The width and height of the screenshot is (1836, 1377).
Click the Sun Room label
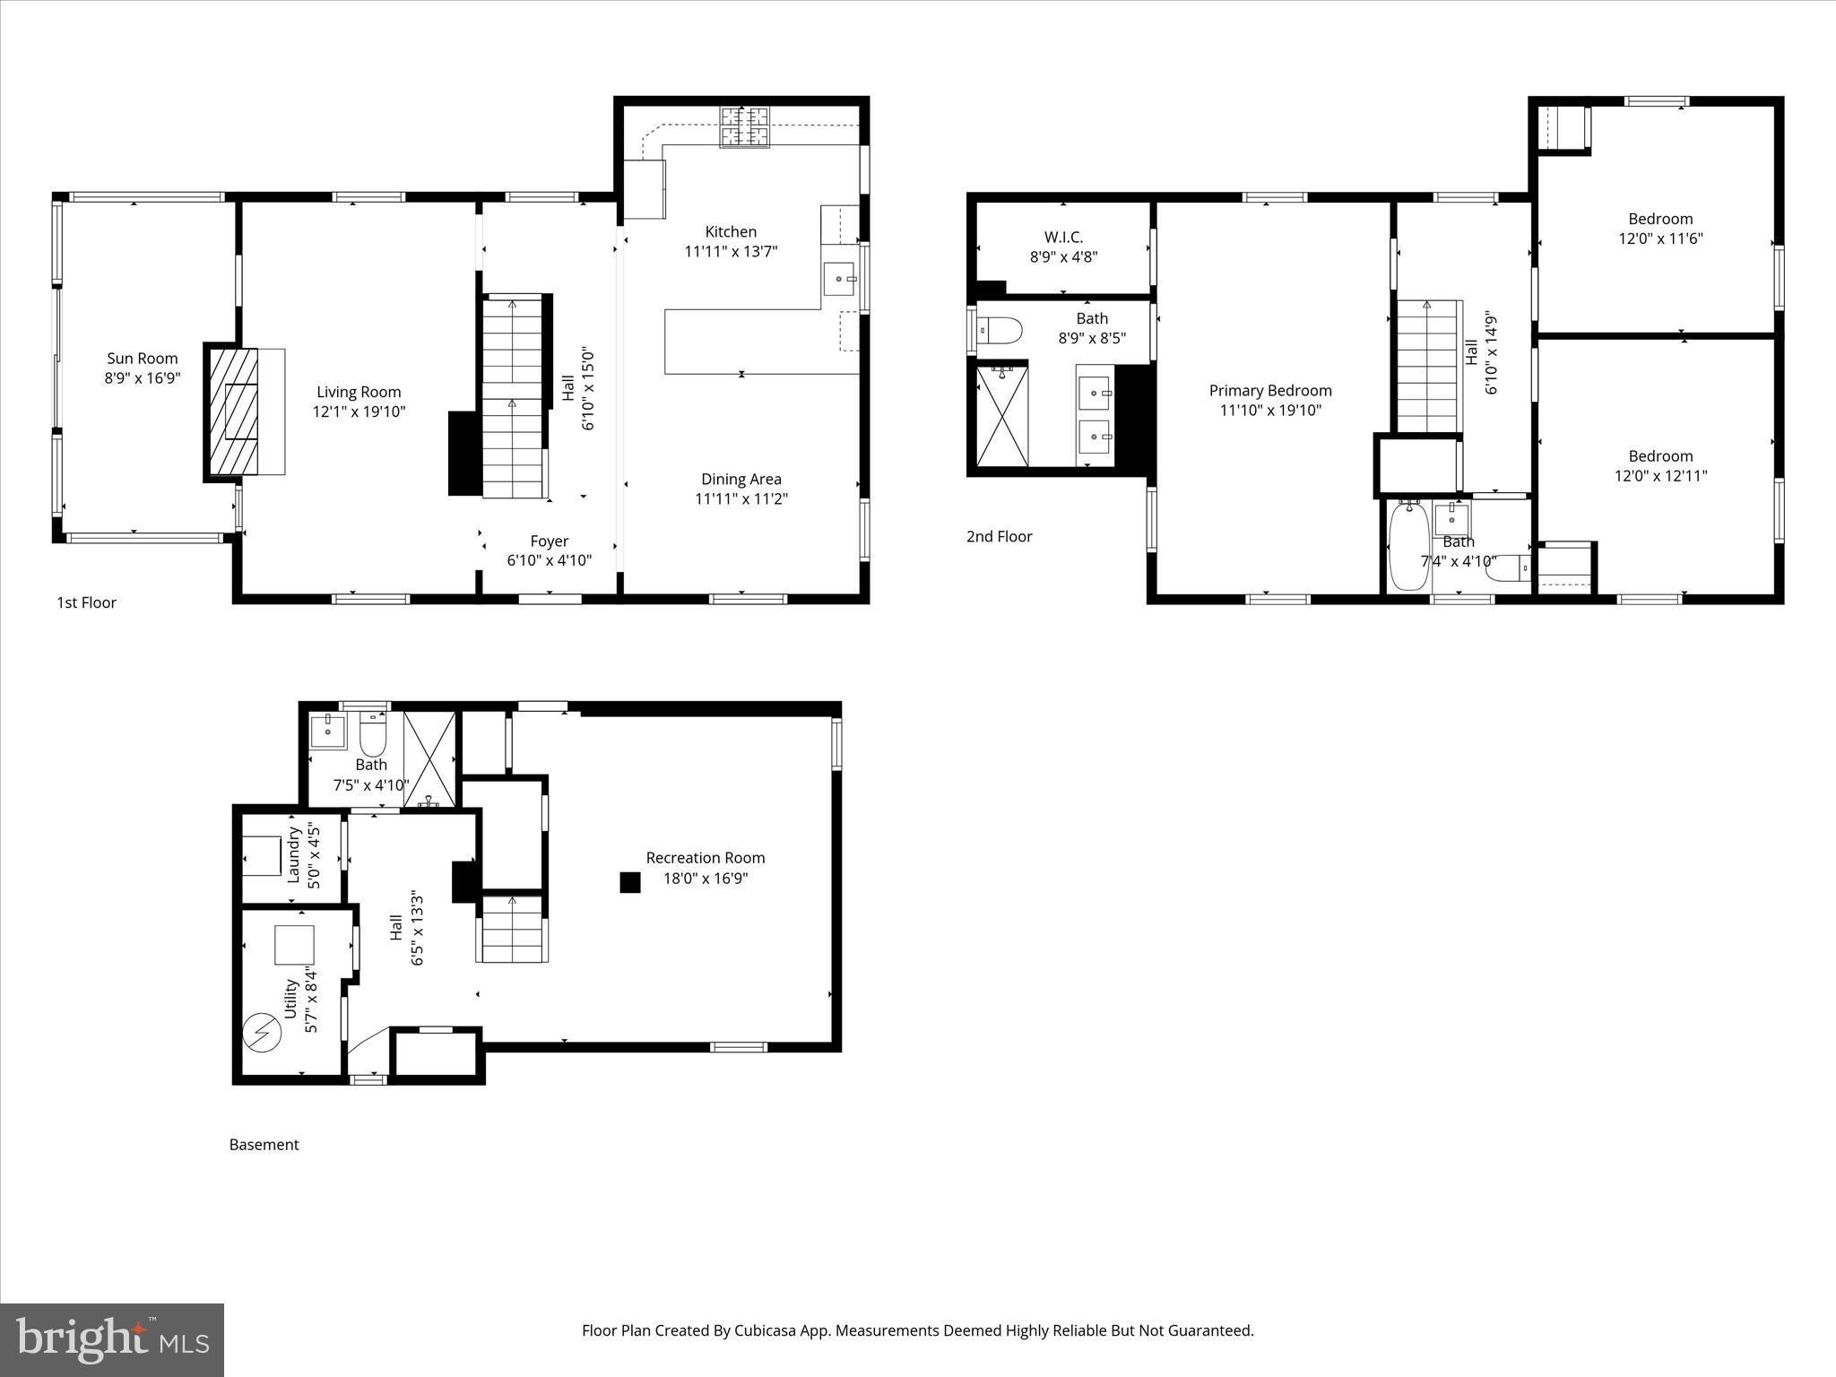tap(143, 359)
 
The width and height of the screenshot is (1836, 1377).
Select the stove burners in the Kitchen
tap(745, 126)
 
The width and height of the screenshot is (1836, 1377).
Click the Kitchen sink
tap(840, 279)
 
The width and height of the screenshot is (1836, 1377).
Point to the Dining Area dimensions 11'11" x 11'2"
tap(740, 499)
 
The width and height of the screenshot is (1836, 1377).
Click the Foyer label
tap(549, 541)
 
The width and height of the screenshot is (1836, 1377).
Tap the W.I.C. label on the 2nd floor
tap(1063, 237)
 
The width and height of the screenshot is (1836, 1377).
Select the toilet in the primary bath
tap(1000, 332)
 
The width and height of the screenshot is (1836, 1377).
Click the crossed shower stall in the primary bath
tap(1002, 415)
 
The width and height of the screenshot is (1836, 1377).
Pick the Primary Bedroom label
tap(1269, 391)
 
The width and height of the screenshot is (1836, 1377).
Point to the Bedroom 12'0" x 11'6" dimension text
tap(1660, 238)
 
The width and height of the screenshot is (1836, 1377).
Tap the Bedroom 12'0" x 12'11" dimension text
tap(1660, 476)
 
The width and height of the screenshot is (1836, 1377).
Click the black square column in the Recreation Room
tap(630, 882)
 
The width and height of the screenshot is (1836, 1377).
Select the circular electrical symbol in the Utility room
tap(263, 1033)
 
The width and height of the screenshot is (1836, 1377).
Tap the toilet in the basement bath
tap(372, 737)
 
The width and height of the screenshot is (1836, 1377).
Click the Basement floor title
tap(264, 1145)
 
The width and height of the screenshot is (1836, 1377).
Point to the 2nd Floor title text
tap(999, 536)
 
